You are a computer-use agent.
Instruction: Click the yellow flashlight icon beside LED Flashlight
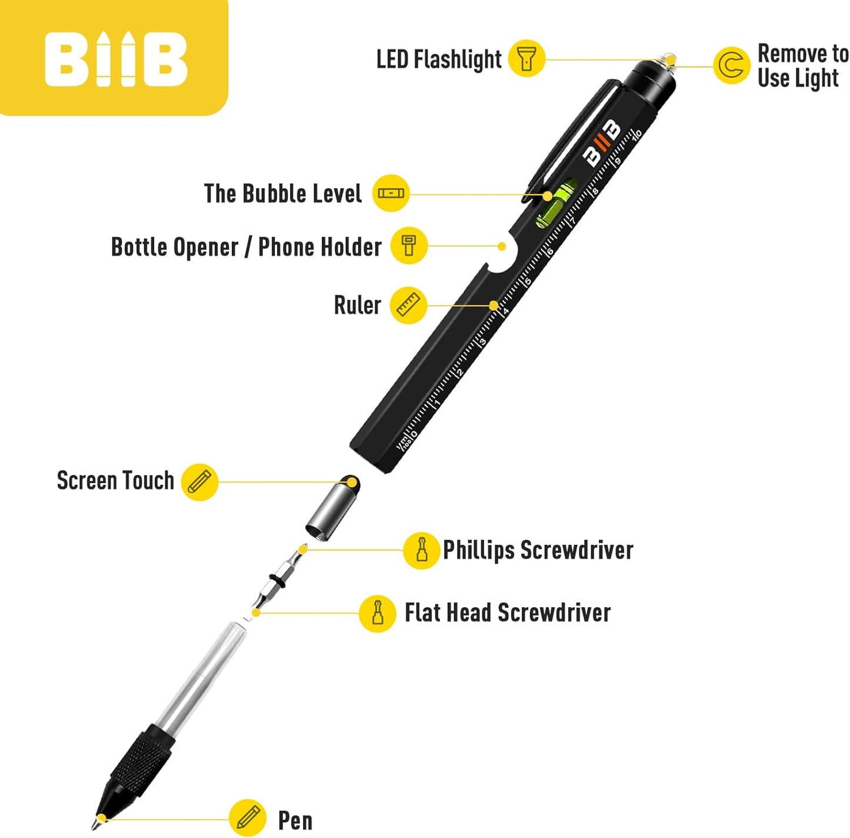pos(526,58)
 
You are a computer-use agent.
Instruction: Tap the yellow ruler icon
pos(409,305)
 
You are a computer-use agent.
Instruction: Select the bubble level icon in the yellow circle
pos(391,193)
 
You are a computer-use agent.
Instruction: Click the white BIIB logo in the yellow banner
pos(116,59)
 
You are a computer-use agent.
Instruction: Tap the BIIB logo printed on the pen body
pos(601,142)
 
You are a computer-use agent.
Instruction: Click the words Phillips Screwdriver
pos(538,550)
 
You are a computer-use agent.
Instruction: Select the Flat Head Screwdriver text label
pos(507,613)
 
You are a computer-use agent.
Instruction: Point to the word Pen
pos(295,820)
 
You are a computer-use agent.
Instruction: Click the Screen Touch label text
pos(115,481)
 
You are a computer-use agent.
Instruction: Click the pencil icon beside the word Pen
pos(248,817)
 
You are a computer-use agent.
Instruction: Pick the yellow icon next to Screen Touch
pos(199,482)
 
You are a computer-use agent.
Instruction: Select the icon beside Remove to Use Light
pos(731,65)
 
